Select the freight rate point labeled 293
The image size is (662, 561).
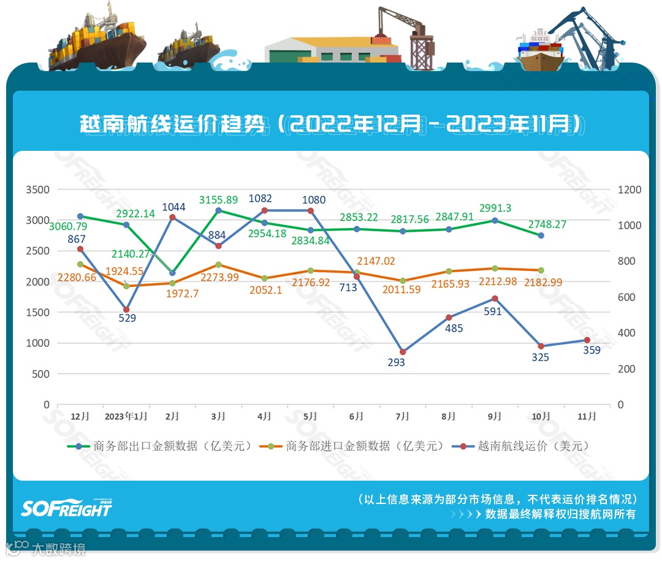pyautogui.click(x=403, y=352)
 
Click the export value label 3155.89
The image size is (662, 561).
pyautogui.click(x=218, y=200)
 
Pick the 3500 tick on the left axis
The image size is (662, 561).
pyautogui.click(x=37, y=190)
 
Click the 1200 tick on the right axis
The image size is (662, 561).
pyautogui.click(x=629, y=190)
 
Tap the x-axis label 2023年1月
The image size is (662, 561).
pyautogui.click(x=126, y=416)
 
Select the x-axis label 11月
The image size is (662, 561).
pyautogui.click(x=587, y=416)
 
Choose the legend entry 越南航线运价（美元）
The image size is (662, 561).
pyautogui.click(x=533, y=446)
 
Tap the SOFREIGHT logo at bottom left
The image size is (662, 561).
pyautogui.click(x=66, y=508)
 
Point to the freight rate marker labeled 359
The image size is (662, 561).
pyautogui.click(x=587, y=340)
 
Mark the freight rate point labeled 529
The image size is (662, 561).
pyautogui.click(x=126, y=310)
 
